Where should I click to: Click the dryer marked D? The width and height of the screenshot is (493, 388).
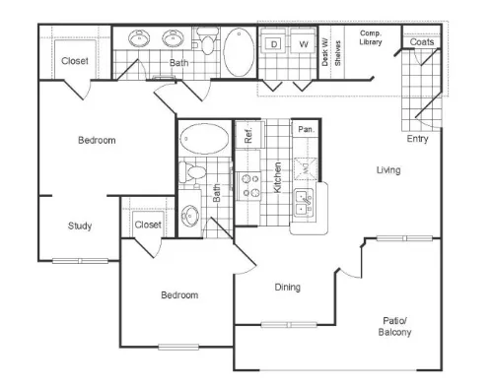pyautogui.click(x=273, y=40)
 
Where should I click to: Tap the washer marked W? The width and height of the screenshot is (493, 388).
pyautogui.click(x=303, y=40)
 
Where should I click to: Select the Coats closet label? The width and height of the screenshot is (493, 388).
pyautogui.click(x=422, y=42)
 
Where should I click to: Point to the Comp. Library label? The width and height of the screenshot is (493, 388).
pyautogui.click(x=371, y=37)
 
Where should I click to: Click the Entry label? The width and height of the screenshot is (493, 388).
pyautogui.click(x=417, y=139)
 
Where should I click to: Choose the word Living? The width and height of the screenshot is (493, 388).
pyautogui.click(x=388, y=170)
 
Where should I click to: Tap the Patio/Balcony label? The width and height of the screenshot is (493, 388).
pyautogui.click(x=394, y=326)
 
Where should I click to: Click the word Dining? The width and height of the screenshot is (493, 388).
pyautogui.click(x=288, y=288)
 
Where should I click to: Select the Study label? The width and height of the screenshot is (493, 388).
pyautogui.click(x=80, y=226)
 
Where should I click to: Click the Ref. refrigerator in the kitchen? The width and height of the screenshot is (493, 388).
pyautogui.click(x=249, y=135)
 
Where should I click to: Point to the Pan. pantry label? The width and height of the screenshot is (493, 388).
pyautogui.click(x=306, y=129)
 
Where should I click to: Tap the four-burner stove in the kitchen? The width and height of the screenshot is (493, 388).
pyautogui.click(x=248, y=186)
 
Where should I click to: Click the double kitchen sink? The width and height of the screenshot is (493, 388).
pyautogui.click(x=304, y=203)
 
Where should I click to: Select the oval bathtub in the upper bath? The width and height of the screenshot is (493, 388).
pyautogui.click(x=239, y=52)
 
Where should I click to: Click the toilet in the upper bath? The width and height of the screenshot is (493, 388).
pyautogui.click(x=207, y=41)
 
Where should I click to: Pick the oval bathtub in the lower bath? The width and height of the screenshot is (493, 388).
pyautogui.click(x=204, y=139)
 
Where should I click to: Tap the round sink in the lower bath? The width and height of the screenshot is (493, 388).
pyautogui.click(x=190, y=216)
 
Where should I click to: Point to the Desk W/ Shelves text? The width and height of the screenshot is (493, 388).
pyautogui.click(x=331, y=52)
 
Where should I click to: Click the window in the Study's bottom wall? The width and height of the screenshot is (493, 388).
pyautogui.click(x=80, y=261)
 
